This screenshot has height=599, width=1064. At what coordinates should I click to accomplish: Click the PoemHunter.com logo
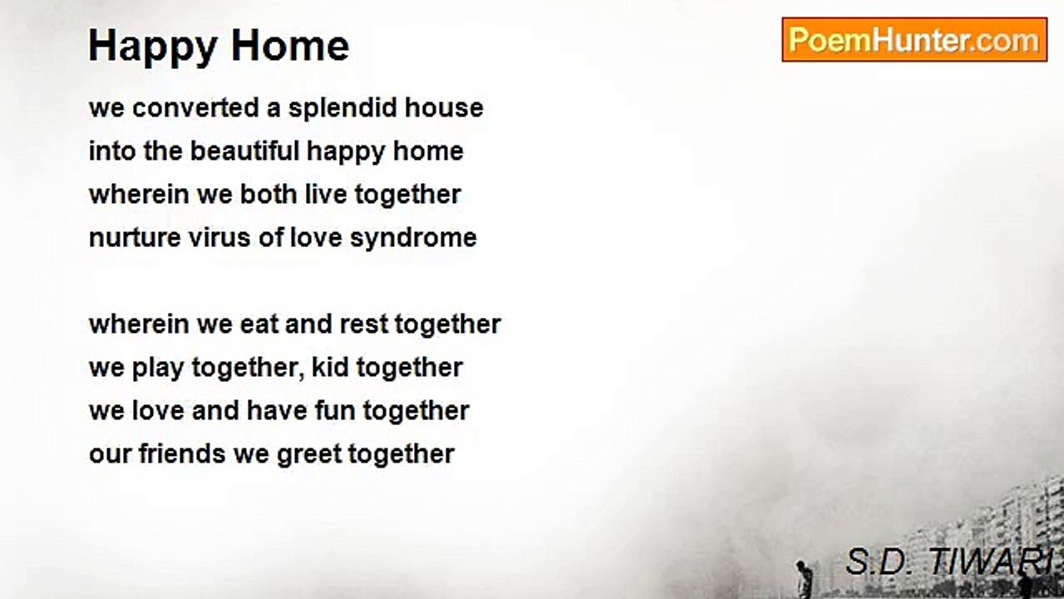click(914, 40)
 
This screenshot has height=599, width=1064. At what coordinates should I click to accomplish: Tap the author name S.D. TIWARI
click(950, 562)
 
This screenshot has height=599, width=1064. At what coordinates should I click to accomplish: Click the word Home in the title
click(290, 45)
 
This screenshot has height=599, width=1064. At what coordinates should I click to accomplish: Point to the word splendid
click(342, 107)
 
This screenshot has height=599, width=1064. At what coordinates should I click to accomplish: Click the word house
click(444, 107)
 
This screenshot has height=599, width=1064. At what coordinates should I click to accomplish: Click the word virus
click(219, 238)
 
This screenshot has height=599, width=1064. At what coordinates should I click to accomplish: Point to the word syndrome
click(413, 238)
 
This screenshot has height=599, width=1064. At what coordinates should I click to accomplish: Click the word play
click(158, 368)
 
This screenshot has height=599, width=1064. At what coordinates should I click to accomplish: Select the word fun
click(335, 410)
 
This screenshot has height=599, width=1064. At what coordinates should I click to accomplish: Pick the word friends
click(182, 453)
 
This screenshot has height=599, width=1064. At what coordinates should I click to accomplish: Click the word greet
click(309, 454)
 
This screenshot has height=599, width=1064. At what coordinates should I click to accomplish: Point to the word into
click(112, 151)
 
